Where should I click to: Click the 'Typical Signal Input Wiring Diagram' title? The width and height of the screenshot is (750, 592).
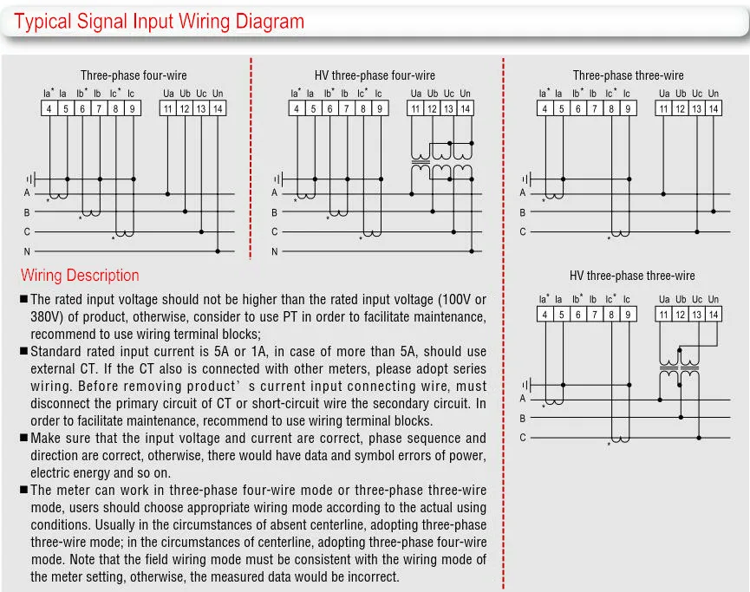coord(160,22)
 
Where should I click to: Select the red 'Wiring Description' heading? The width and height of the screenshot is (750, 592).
coord(80,276)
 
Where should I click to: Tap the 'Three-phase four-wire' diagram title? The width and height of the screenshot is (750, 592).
coord(134,76)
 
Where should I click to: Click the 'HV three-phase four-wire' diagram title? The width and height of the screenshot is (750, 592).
coord(375,76)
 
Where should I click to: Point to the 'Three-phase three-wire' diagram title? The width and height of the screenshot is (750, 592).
coord(628,76)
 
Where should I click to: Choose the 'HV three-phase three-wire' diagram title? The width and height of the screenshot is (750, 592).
coord(632,276)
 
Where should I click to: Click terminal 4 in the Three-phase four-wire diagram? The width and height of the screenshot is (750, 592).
coord(49,108)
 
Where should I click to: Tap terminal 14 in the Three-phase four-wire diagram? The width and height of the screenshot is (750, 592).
coord(218,108)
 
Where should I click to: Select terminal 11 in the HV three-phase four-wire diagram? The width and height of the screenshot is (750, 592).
coord(416,108)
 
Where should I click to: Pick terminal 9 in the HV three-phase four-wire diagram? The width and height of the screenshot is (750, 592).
coord(379,108)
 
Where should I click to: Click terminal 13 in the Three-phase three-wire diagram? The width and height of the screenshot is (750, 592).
coord(697,108)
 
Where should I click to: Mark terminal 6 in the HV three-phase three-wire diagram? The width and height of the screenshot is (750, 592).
coord(578,315)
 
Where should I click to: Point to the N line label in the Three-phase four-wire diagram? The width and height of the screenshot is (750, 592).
coord(27,252)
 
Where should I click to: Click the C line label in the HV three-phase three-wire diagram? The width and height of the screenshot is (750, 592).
coord(523,438)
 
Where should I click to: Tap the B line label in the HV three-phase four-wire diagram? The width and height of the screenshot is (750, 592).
coord(275,212)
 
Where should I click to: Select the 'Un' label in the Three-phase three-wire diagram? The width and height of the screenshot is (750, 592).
coord(713,94)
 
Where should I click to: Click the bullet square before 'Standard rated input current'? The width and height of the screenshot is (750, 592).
coord(24,352)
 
